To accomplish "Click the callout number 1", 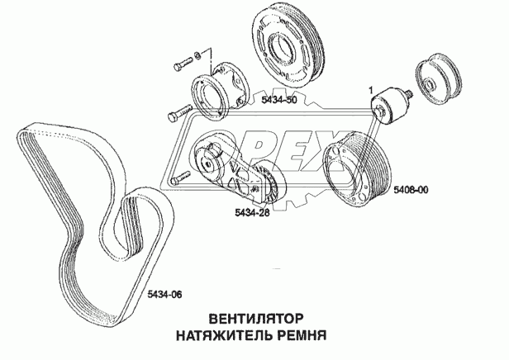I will click(371, 88).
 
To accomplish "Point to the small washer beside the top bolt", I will click(197, 58).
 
